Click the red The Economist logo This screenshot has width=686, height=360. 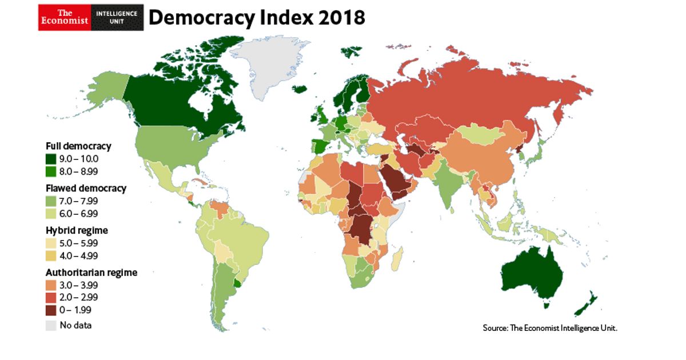pos(65,18)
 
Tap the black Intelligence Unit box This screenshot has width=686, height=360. pos(117,18)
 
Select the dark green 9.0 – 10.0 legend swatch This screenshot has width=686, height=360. pos(51,159)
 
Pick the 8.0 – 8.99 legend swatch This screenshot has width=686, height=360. pos(51,172)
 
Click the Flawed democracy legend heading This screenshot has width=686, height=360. pos(86,188)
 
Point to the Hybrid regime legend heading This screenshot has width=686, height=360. pos(77,230)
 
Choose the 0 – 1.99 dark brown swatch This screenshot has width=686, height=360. pos(51,310)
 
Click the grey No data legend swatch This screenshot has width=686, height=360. pos(51,325)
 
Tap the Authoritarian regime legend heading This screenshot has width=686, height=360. pos(91,273)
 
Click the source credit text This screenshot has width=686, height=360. pos(550,328)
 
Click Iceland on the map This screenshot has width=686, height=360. pos(300,89)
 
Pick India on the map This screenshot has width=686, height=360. pos(449,183)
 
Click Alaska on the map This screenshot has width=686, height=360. pos(107,90)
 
